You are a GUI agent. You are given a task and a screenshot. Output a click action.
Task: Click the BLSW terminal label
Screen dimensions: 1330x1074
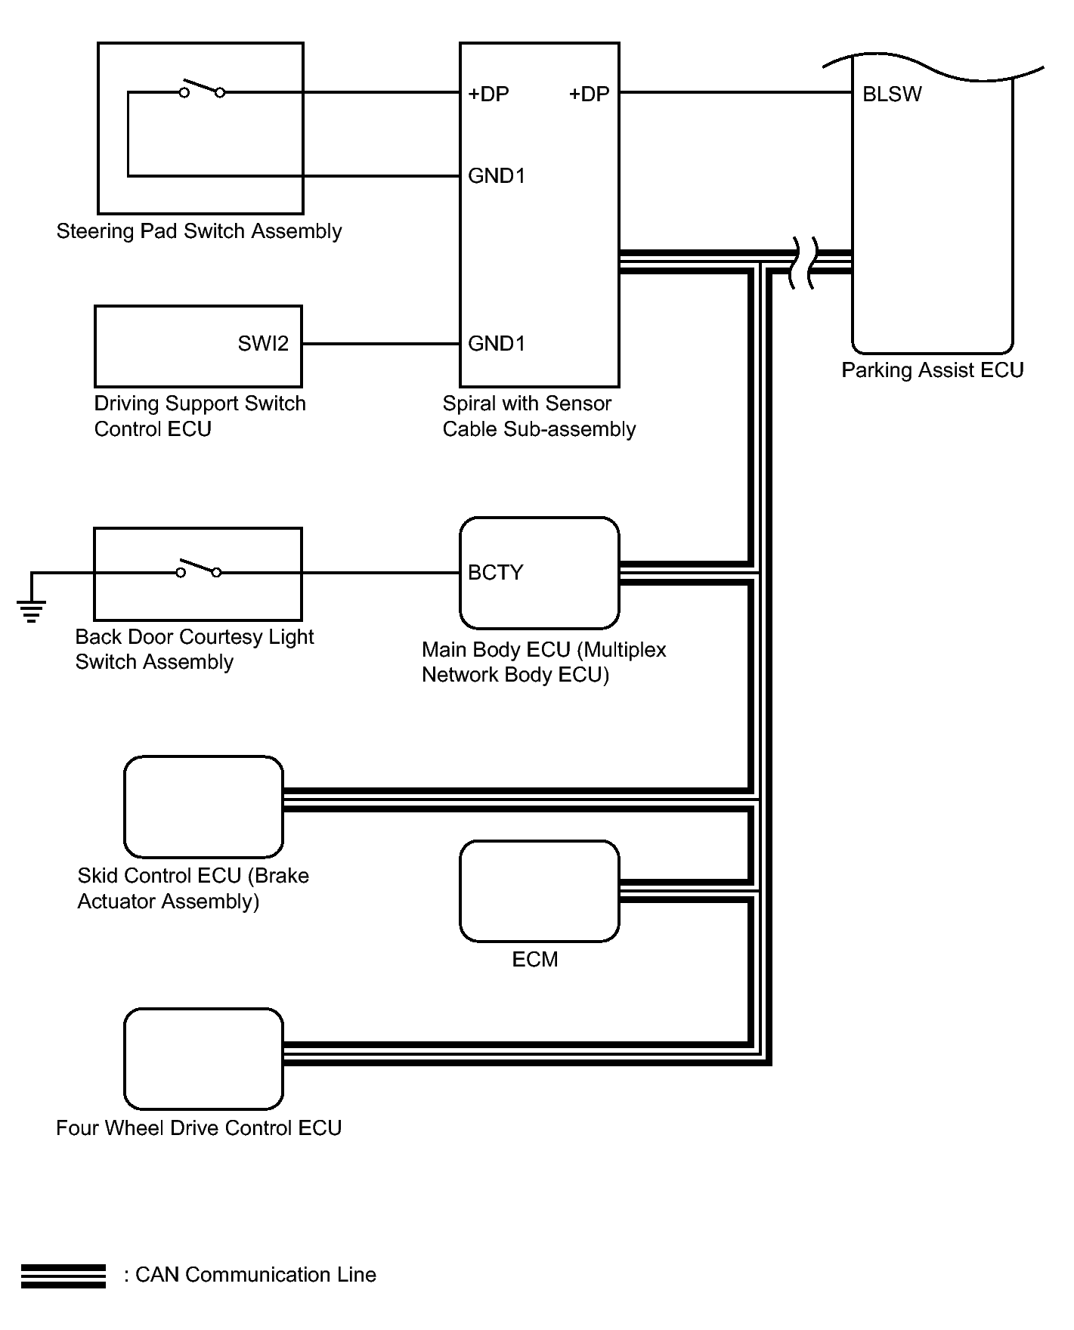892,94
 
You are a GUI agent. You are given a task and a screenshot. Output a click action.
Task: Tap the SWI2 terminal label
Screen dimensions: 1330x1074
263,344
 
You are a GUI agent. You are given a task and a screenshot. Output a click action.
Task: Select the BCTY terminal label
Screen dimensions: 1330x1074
495,573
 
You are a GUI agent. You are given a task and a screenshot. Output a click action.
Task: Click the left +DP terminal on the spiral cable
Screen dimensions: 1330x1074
488,94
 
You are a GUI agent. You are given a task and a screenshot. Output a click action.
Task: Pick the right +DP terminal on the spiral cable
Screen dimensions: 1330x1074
589,94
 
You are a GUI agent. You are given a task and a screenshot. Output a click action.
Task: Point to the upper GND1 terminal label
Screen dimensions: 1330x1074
496,176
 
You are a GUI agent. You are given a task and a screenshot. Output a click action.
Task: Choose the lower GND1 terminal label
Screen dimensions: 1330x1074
496,344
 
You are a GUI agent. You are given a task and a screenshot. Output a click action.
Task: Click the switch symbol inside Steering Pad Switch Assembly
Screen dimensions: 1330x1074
202,90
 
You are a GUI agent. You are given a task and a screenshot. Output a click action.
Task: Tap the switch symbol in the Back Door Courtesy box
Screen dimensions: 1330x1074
199,570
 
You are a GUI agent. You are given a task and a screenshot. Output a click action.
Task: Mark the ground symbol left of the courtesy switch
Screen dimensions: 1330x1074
31,609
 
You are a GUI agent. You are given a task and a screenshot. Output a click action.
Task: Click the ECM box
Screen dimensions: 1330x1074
539,891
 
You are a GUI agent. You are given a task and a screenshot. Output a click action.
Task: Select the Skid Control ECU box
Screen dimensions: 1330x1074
203,806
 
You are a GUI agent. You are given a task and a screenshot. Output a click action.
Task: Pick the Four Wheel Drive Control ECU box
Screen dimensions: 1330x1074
203,1059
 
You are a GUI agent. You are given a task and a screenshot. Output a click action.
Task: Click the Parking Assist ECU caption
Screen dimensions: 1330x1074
932,370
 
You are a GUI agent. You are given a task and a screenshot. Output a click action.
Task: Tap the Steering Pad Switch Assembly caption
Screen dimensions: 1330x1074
199,231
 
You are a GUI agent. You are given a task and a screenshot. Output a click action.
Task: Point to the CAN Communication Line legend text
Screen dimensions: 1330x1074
255,1275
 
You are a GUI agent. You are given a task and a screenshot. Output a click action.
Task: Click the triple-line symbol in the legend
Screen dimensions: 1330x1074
63,1276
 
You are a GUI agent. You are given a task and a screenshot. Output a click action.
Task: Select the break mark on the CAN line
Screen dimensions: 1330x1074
803,262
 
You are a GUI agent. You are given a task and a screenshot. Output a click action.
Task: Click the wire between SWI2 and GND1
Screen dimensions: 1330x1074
380,344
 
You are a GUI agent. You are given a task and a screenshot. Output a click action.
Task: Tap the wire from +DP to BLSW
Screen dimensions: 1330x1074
735,93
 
